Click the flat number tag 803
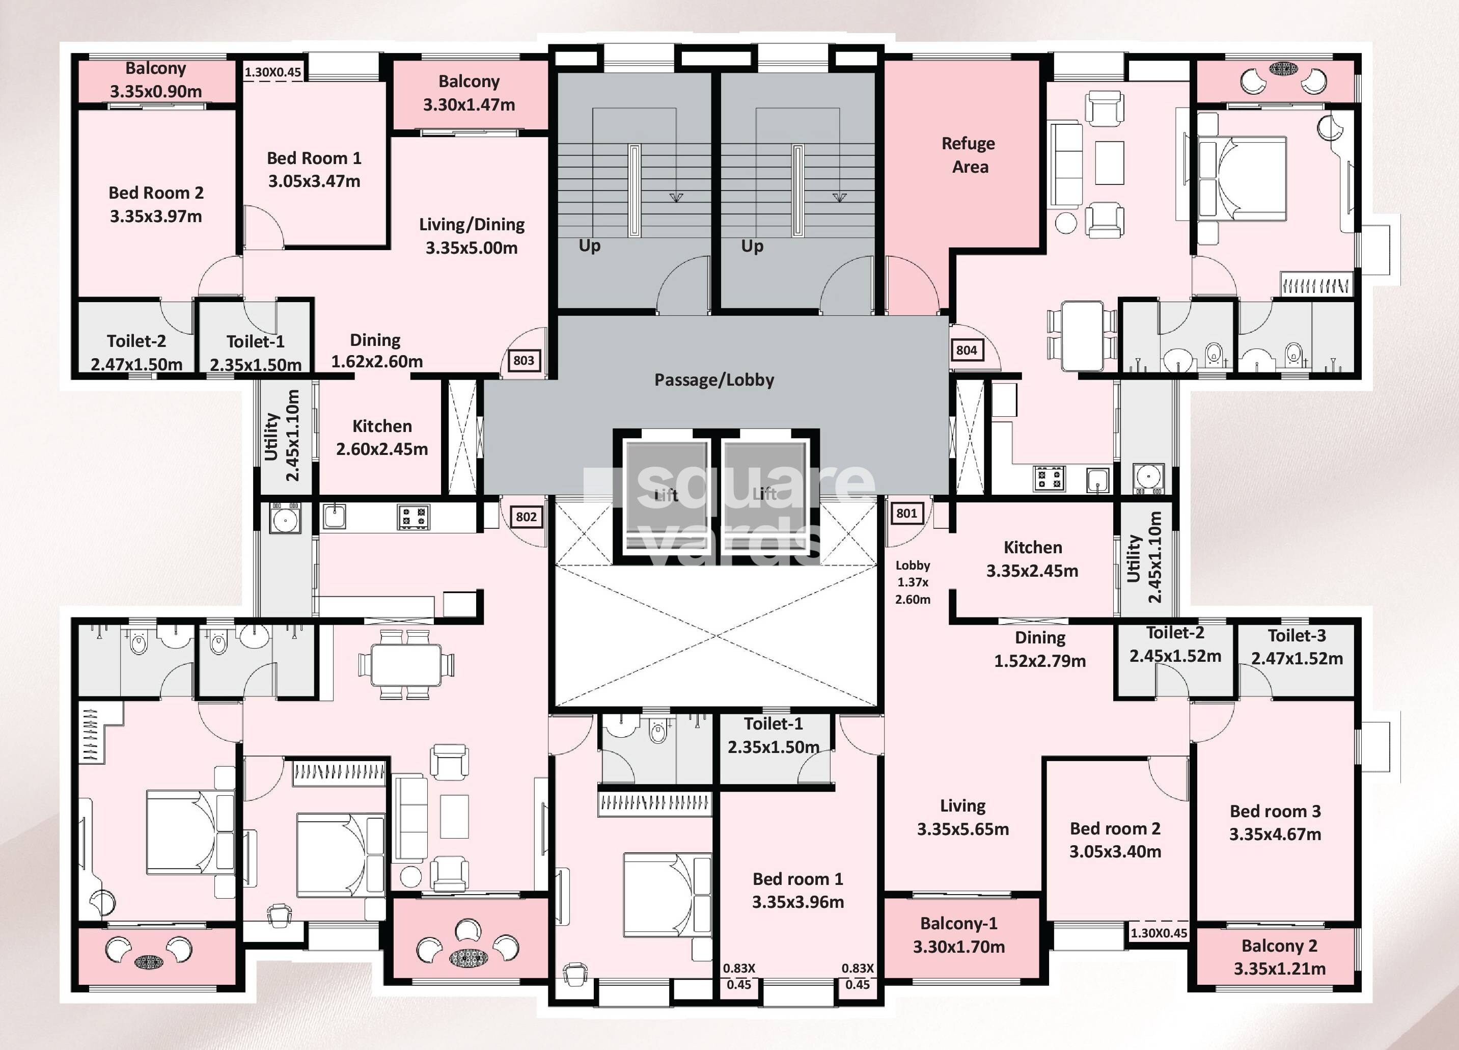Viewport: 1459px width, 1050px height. pyautogui.click(x=524, y=360)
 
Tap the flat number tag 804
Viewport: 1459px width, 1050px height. pyautogui.click(x=966, y=350)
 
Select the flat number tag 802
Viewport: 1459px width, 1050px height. pyautogui.click(x=526, y=517)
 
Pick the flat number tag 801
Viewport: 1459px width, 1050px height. pyautogui.click(x=906, y=513)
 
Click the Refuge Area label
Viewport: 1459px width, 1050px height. pyautogui.click(x=969, y=155)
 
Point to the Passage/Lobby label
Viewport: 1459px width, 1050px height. pyautogui.click(x=714, y=380)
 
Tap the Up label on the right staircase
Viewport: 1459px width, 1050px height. pyautogui.click(x=752, y=246)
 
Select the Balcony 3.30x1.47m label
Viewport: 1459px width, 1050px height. pyautogui.click(x=469, y=93)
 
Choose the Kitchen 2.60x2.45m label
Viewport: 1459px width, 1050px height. pyautogui.click(x=382, y=438)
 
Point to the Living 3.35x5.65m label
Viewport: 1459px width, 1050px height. pyautogui.click(x=962, y=817)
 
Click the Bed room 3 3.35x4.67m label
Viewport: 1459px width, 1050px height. pyautogui.click(x=1275, y=822)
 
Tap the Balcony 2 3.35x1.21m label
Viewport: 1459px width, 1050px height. pyautogui.click(x=1279, y=957)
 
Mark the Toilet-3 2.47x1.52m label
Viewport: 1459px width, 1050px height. pyautogui.click(x=1297, y=647)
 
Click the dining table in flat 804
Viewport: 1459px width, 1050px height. pyautogui.click(x=1082, y=336)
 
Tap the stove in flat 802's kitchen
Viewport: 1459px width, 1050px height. pyautogui.click(x=413, y=517)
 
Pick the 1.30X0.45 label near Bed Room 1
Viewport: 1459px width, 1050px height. pyautogui.click(x=273, y=72)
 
